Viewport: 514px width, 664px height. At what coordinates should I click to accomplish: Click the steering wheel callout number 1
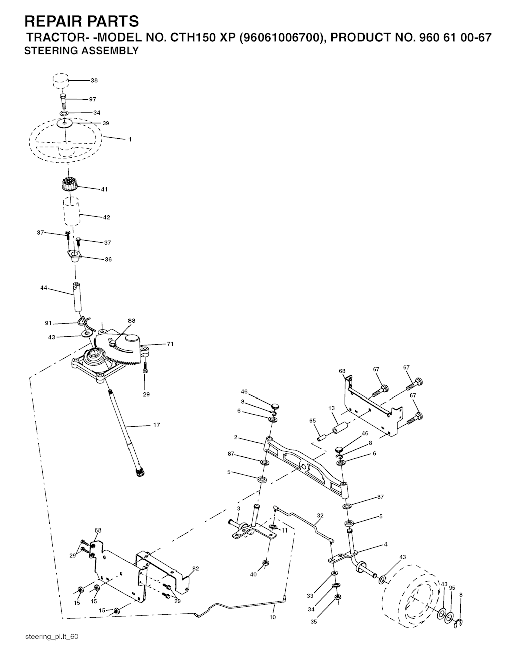click(x=130, y=139)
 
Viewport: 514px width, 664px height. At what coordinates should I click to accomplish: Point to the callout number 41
click(x=104, y=189)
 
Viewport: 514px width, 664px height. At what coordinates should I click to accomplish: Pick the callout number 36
click(x=108, y=259)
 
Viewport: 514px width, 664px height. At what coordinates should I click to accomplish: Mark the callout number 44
click(x=44, y=288)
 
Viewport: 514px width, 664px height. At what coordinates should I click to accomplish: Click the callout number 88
click(x=132, y=321)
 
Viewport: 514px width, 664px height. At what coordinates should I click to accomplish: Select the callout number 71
click(x=170, y=344)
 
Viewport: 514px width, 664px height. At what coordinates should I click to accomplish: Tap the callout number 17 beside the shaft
click(x=157, y=425)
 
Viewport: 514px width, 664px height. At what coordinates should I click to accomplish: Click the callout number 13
click(x=332, y=408)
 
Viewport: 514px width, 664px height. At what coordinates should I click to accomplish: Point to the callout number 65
click(x=312, y=421)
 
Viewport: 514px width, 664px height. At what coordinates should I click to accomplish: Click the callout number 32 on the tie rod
click(x=320, y=515)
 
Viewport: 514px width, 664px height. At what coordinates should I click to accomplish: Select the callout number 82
click(x=196, y=568)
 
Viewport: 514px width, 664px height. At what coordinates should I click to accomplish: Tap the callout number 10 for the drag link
click(x=272, y=617)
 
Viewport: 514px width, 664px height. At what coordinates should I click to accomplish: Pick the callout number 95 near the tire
click(x=452, y=588)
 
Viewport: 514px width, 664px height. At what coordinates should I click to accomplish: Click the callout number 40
click(x=253, y=574)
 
